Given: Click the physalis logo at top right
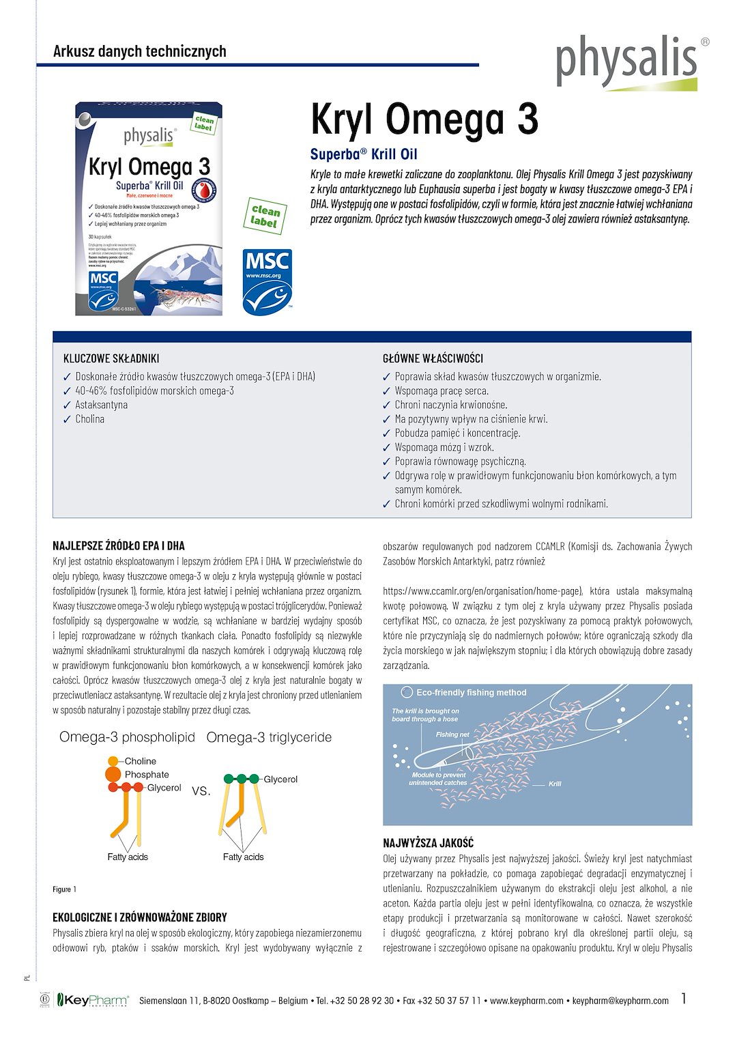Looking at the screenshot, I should click(x=626, y=61).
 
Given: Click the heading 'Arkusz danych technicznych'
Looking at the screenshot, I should click(x=139, y=51).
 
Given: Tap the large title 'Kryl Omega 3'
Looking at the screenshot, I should click(x=424, y=119).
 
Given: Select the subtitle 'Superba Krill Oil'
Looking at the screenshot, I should click(x=364, y=154).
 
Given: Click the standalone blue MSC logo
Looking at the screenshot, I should click(x=268, y=282).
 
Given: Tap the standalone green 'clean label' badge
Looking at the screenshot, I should click(x=265, y=216).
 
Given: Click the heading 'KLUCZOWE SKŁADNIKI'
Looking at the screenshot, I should click(x=111, y=358).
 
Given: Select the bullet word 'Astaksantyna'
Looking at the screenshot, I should click(x=101, y=405).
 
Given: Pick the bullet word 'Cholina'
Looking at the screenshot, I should click(x=89, y=419).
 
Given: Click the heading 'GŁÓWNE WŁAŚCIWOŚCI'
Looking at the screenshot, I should click(x=433, y=358).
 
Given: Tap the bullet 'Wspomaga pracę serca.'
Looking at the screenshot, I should click(x=442, y=391).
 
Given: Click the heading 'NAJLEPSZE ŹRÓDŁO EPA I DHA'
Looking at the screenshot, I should click(x=119, y=546).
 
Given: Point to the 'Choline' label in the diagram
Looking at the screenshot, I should click(x=140, y=761).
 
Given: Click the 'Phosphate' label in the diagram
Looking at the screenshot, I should click(x=147, y=775).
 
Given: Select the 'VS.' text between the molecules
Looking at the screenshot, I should click(x=201, y=791).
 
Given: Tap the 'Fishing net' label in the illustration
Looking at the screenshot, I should click(x=452, y=734).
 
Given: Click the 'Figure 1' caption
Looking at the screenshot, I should click(x=64, y=889).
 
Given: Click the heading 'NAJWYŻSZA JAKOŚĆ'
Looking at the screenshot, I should click(x=428, y=844).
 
